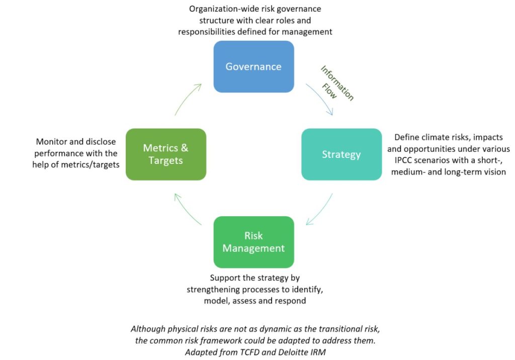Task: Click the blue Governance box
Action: pyautogui.click(x=253, y=67)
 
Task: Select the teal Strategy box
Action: pyautogui.click(x=341, y=154)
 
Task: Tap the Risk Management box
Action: pyautogui.click(x=253, y=242)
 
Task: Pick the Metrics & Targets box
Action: pyautogui.click(x=165, y=154)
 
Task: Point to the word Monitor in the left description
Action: pyautogui.click(x=52, y=142)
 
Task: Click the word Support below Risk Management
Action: pyautogui.click(x=226, y=278)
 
